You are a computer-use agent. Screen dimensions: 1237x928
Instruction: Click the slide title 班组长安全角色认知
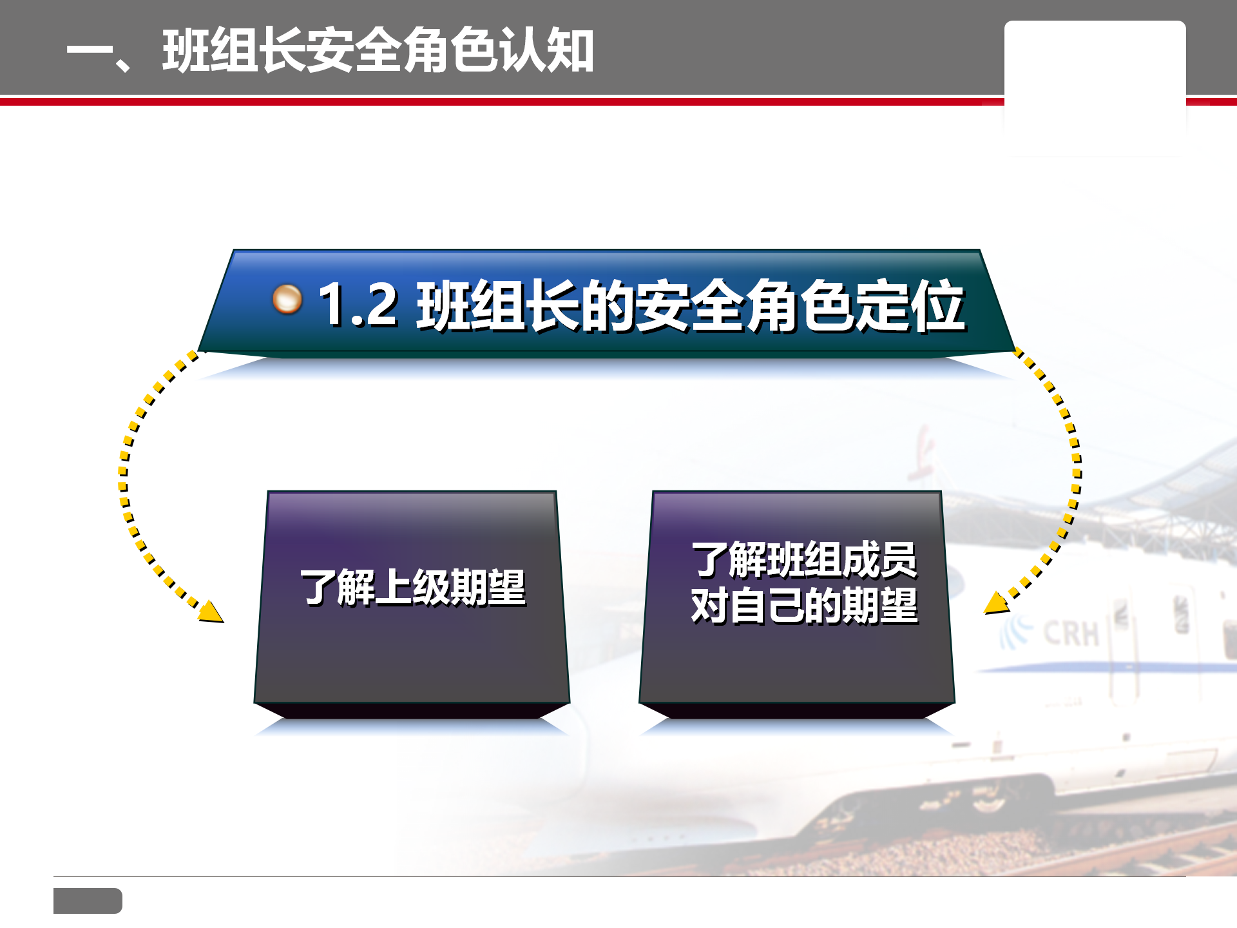[378, 50]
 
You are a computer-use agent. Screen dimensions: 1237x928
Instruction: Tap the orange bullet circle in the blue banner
[287, 299]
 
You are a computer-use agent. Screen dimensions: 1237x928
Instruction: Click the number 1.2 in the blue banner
[358, 304]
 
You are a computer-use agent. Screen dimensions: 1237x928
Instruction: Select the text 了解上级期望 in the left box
[413, 587]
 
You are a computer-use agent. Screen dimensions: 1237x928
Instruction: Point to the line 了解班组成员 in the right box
[804, 560]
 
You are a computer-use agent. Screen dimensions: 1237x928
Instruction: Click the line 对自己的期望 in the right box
[804, 605]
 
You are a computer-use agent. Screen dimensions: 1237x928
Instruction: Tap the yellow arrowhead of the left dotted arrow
[211, 612]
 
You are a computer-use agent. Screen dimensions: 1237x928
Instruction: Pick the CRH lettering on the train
[1071, 633]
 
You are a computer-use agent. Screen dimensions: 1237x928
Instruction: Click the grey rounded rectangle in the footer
[88, 900]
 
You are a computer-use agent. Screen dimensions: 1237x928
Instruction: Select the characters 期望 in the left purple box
[488, 587]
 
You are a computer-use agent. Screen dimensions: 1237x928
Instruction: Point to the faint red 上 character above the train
[921, 455]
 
